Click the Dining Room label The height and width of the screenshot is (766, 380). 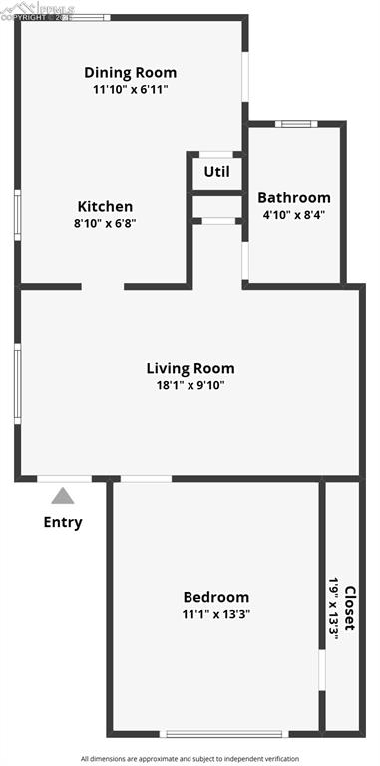coord(130,72)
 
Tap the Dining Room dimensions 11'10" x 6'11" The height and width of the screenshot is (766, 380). coord(130,90)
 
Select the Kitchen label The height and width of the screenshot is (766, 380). coord(105,206)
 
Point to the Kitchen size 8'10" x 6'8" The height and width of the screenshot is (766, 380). coord(105,224)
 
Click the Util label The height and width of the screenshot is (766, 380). coord(216,171)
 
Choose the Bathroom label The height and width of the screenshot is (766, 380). coord(294,197)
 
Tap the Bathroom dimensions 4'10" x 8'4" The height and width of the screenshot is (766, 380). coord(294,214)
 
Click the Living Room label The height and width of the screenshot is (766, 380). coord(190,368)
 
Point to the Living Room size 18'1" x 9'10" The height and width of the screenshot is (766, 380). coord(190,386)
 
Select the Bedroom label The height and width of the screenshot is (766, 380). coord(215,597)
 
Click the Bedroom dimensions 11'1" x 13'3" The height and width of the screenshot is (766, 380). coord(215,615)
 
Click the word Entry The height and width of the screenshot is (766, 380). coord(63,522)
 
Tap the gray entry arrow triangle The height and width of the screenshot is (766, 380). coord(63,495)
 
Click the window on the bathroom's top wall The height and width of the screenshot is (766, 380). coord(294,124)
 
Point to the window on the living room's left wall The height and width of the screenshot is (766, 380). coord(17,383)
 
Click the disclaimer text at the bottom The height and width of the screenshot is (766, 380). coord(190,758)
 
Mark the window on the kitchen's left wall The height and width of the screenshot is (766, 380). coord(17,214)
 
